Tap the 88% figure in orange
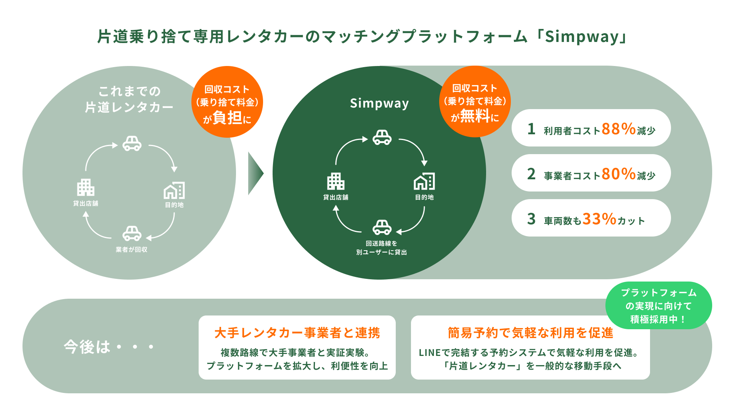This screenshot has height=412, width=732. [x=618, y=129]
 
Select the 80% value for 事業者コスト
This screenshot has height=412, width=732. [x=618, y=174]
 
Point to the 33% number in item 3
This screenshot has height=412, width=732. [x=599, y=219]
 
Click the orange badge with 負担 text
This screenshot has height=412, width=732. [x=227, y=102]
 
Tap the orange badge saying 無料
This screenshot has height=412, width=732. [x=475, y=101]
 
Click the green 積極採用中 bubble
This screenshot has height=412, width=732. [x=658, y=306]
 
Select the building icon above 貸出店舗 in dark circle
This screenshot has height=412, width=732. [x=335, y=181]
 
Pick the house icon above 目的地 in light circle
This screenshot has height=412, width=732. [x=174, y=190]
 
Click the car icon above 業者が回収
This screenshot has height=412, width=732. [x=132, y=233]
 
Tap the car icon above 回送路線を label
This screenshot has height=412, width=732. [x=382, y=227]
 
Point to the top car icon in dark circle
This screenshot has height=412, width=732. [x=382, y=137]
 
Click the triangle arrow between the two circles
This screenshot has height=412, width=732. [x=255, y=173]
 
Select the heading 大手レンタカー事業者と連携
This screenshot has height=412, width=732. [x=297, y=333]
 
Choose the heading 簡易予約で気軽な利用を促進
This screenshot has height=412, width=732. [x=530, y=333]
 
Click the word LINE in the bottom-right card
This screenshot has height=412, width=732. [x=430, y=353]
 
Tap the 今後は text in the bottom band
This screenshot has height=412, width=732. [x=87, y=347]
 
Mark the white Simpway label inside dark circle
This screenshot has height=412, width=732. [x=379, y=103]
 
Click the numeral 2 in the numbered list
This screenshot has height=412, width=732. [x=531, y=174]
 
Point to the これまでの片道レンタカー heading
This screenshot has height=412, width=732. [x=129, y=99]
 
